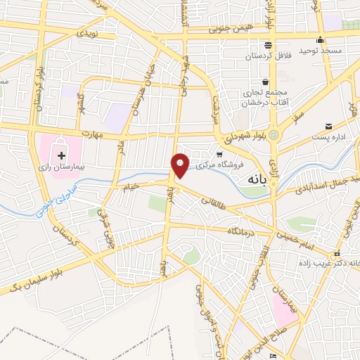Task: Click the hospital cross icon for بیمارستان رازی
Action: [x=61, y=153]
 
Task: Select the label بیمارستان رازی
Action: [x=61, y=169]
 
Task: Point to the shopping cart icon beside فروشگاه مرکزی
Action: [x=219, y=154]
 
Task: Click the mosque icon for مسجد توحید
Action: [x=320, y=40]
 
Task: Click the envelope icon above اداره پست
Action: [x=328, y=127]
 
